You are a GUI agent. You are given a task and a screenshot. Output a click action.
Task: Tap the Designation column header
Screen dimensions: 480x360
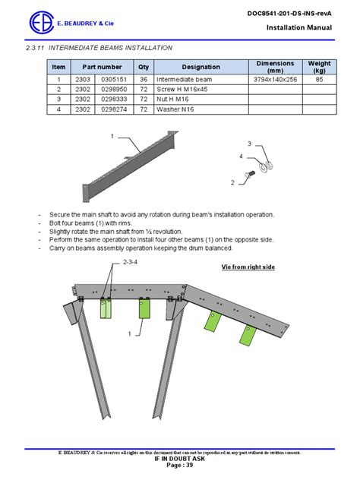(201, 67)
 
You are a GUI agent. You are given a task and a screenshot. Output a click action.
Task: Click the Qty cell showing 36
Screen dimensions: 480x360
(144, 79)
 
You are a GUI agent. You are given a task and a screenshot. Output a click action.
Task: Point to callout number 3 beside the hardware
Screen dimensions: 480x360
(248, 144)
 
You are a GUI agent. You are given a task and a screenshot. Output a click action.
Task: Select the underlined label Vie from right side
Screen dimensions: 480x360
(248, 267)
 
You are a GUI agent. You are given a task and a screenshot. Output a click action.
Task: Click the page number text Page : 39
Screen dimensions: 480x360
(180, 466)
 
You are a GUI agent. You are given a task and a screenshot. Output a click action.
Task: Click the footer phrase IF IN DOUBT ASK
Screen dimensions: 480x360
(180, 459)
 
